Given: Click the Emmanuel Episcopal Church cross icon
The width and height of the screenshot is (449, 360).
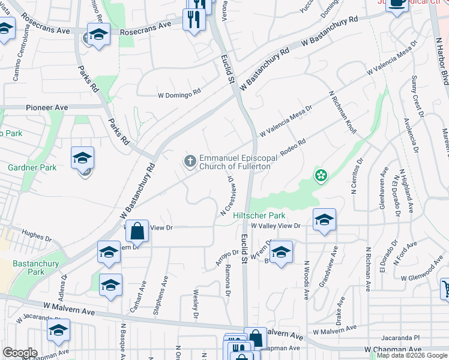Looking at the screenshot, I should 190,160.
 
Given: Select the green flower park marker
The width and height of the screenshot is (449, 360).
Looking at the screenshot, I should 321,175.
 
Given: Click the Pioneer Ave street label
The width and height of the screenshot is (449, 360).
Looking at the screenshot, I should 47,107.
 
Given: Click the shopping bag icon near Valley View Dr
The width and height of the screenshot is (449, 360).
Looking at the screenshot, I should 137,230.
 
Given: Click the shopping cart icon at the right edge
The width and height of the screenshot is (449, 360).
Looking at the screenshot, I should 445,289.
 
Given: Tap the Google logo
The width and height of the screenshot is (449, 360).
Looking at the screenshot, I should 20,353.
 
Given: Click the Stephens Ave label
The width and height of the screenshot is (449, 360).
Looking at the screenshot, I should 160,295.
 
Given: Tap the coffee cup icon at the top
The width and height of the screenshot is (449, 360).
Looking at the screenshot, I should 397,2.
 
